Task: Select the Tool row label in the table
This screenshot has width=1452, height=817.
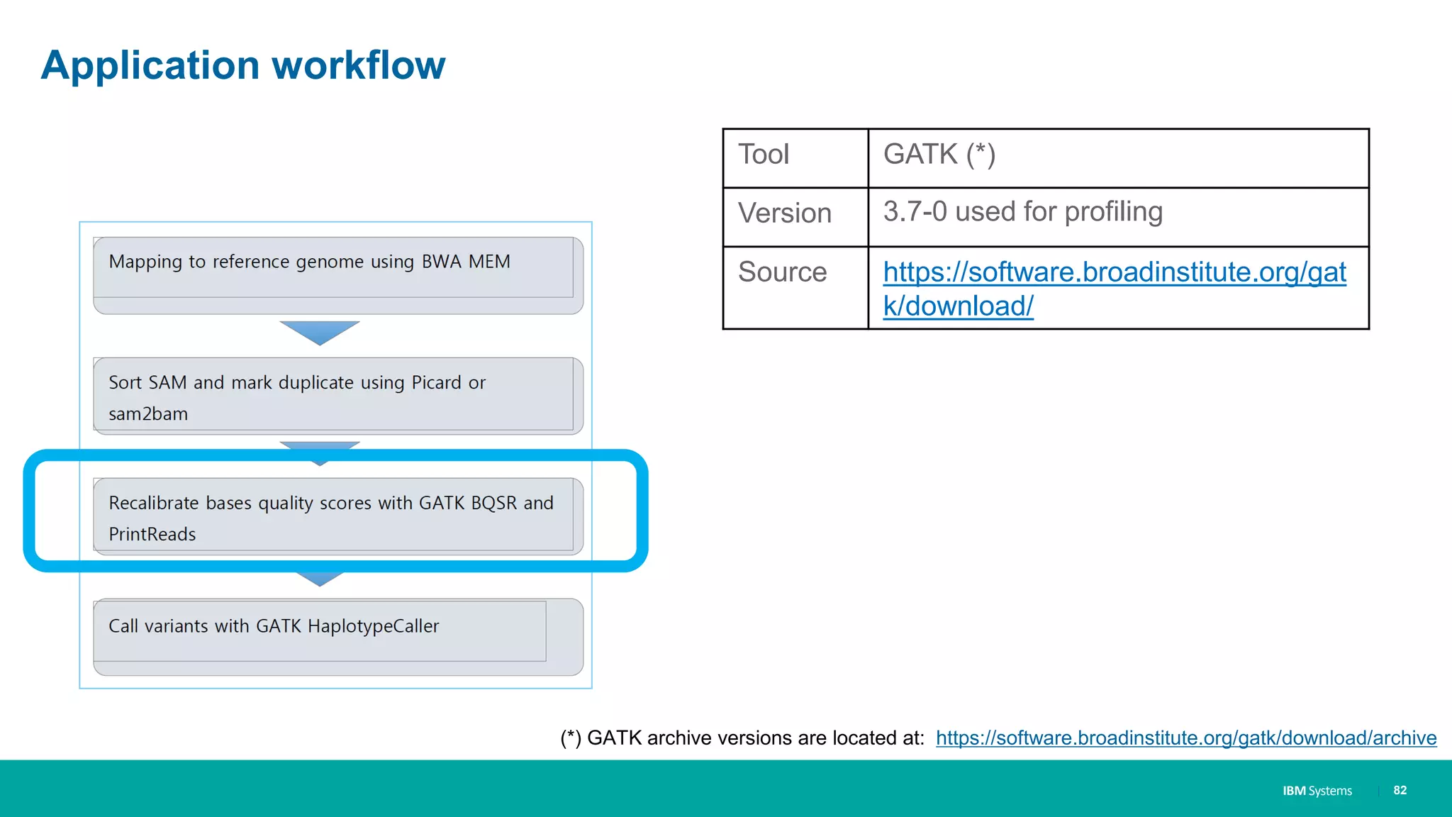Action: click(764, 155)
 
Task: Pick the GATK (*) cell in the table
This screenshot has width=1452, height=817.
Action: click(939, 155)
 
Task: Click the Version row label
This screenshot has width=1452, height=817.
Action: click(784, 213)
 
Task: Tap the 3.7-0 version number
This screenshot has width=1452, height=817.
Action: click(915, 211)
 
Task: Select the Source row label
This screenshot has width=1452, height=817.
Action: click(782, 272)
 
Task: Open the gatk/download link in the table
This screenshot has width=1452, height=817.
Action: click(1114, 273)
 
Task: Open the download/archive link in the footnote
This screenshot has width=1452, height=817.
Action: click(1185, 738)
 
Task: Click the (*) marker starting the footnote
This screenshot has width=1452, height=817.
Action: click(571, 738)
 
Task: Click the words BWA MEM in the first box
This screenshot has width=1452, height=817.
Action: click(466, 262)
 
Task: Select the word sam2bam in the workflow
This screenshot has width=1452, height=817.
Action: click(148, 414)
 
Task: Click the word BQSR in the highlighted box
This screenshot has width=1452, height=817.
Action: click(493, 504)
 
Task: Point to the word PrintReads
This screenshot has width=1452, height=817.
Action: click(152, 535)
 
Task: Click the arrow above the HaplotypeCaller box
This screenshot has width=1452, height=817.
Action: click(320, 579)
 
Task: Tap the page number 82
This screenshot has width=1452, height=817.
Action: click(1400, 790)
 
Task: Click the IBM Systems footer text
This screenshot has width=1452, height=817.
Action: click(1317, 791)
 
